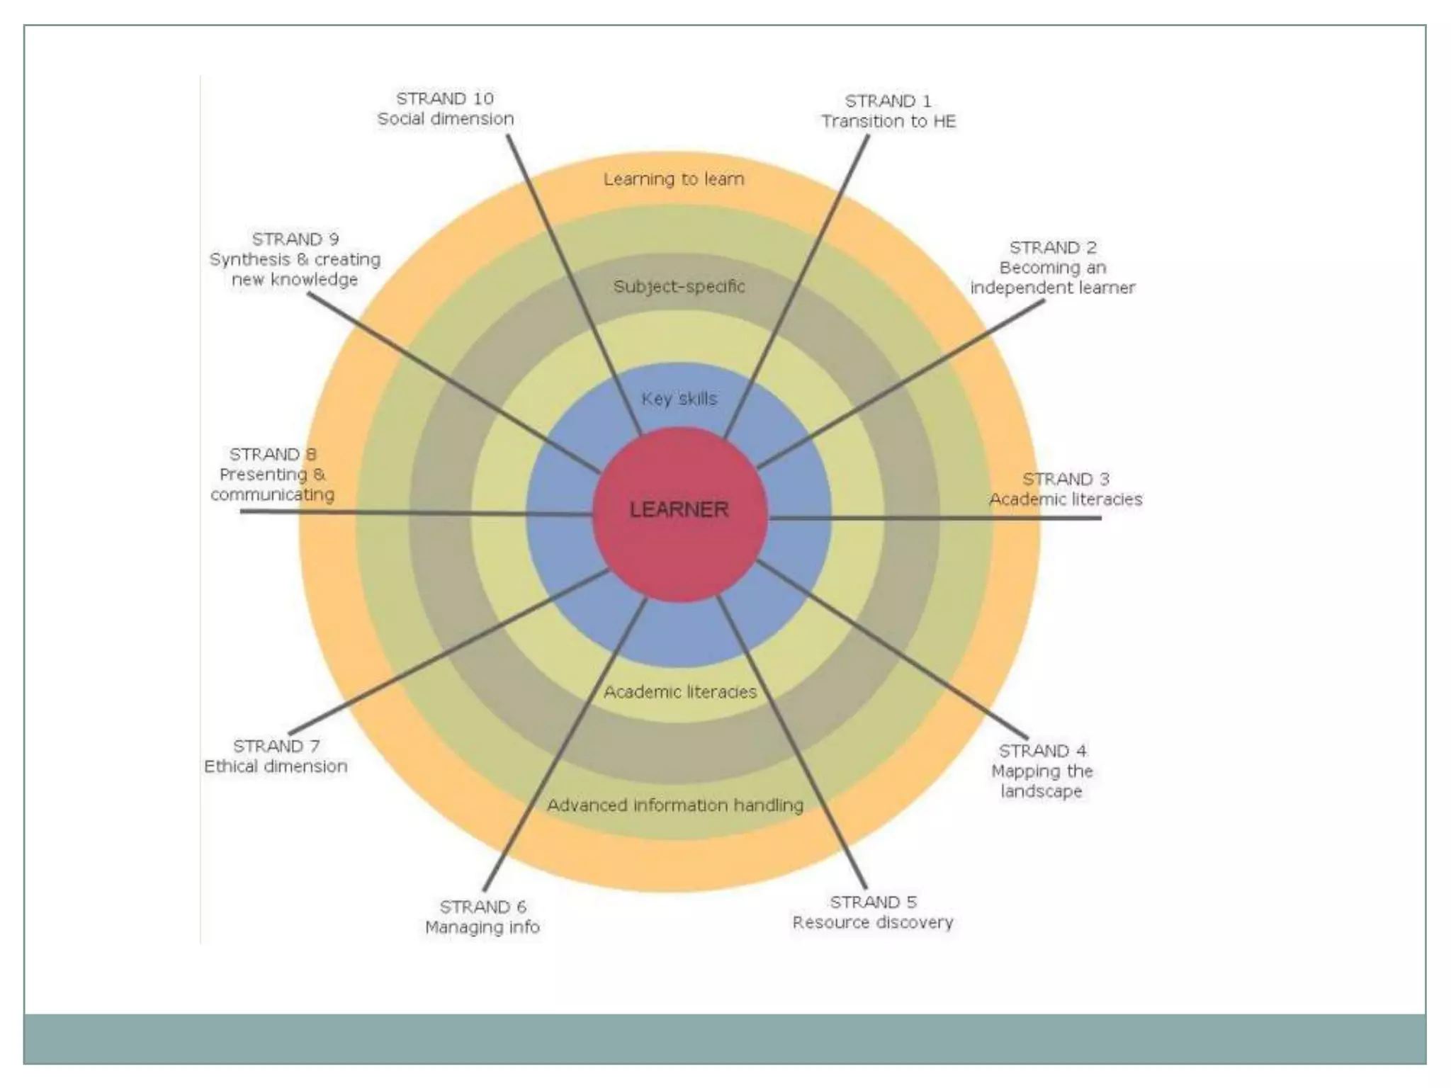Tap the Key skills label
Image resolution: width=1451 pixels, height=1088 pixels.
point(679,399)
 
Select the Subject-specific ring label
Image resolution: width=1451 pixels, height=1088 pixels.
point(679,286)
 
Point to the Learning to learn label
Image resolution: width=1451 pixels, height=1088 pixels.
point(674,179)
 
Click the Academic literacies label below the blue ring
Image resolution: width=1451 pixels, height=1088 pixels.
point(680,691)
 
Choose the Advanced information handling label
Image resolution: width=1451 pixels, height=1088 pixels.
point(675,805)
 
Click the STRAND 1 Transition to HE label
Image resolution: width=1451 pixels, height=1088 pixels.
point(888,111)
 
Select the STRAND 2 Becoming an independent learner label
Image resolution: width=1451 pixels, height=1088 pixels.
point(1053,268)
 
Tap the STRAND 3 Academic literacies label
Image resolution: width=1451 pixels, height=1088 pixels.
point(1066,489)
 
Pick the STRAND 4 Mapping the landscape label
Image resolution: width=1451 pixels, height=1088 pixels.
point(1042,771)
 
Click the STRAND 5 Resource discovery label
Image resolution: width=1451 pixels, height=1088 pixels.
point(873,912)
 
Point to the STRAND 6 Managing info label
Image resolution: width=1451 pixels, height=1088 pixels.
point(482,917)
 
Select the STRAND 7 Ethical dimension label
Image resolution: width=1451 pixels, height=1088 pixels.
point(276,756)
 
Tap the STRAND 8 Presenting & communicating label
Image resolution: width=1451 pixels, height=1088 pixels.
point(273,475)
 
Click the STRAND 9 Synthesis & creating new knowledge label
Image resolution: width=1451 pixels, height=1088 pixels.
point(295,259)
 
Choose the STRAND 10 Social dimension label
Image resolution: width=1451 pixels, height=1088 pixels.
point(446,108)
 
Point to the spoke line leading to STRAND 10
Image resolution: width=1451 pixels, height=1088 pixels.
point(574,283)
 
